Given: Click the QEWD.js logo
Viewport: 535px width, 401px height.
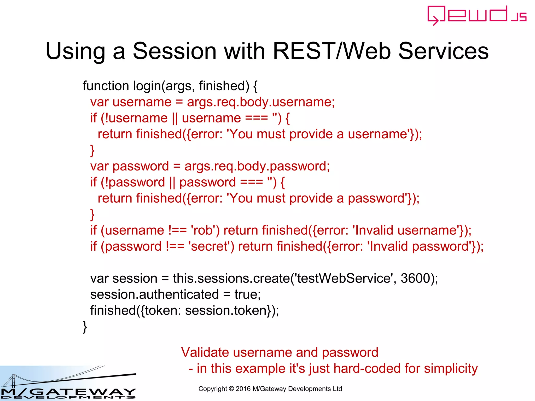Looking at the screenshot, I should point(477,15).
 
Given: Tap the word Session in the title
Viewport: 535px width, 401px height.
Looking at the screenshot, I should point(175,51).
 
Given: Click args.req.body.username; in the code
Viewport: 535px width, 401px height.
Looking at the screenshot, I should point(261,102).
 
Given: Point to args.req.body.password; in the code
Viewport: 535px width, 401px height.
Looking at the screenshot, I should point(257,166).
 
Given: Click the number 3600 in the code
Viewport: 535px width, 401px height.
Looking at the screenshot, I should point(415,278).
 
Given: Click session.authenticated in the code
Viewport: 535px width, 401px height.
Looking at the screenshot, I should point(154,294).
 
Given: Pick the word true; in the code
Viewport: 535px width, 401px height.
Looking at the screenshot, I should point(247,294).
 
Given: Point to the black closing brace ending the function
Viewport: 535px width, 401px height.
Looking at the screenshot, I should point(85,327).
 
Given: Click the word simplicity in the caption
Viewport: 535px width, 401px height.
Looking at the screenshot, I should point(451,369).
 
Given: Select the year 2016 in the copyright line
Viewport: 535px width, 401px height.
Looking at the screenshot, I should point(243,389).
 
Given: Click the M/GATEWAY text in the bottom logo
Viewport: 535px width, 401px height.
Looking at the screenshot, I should point(68,392).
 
